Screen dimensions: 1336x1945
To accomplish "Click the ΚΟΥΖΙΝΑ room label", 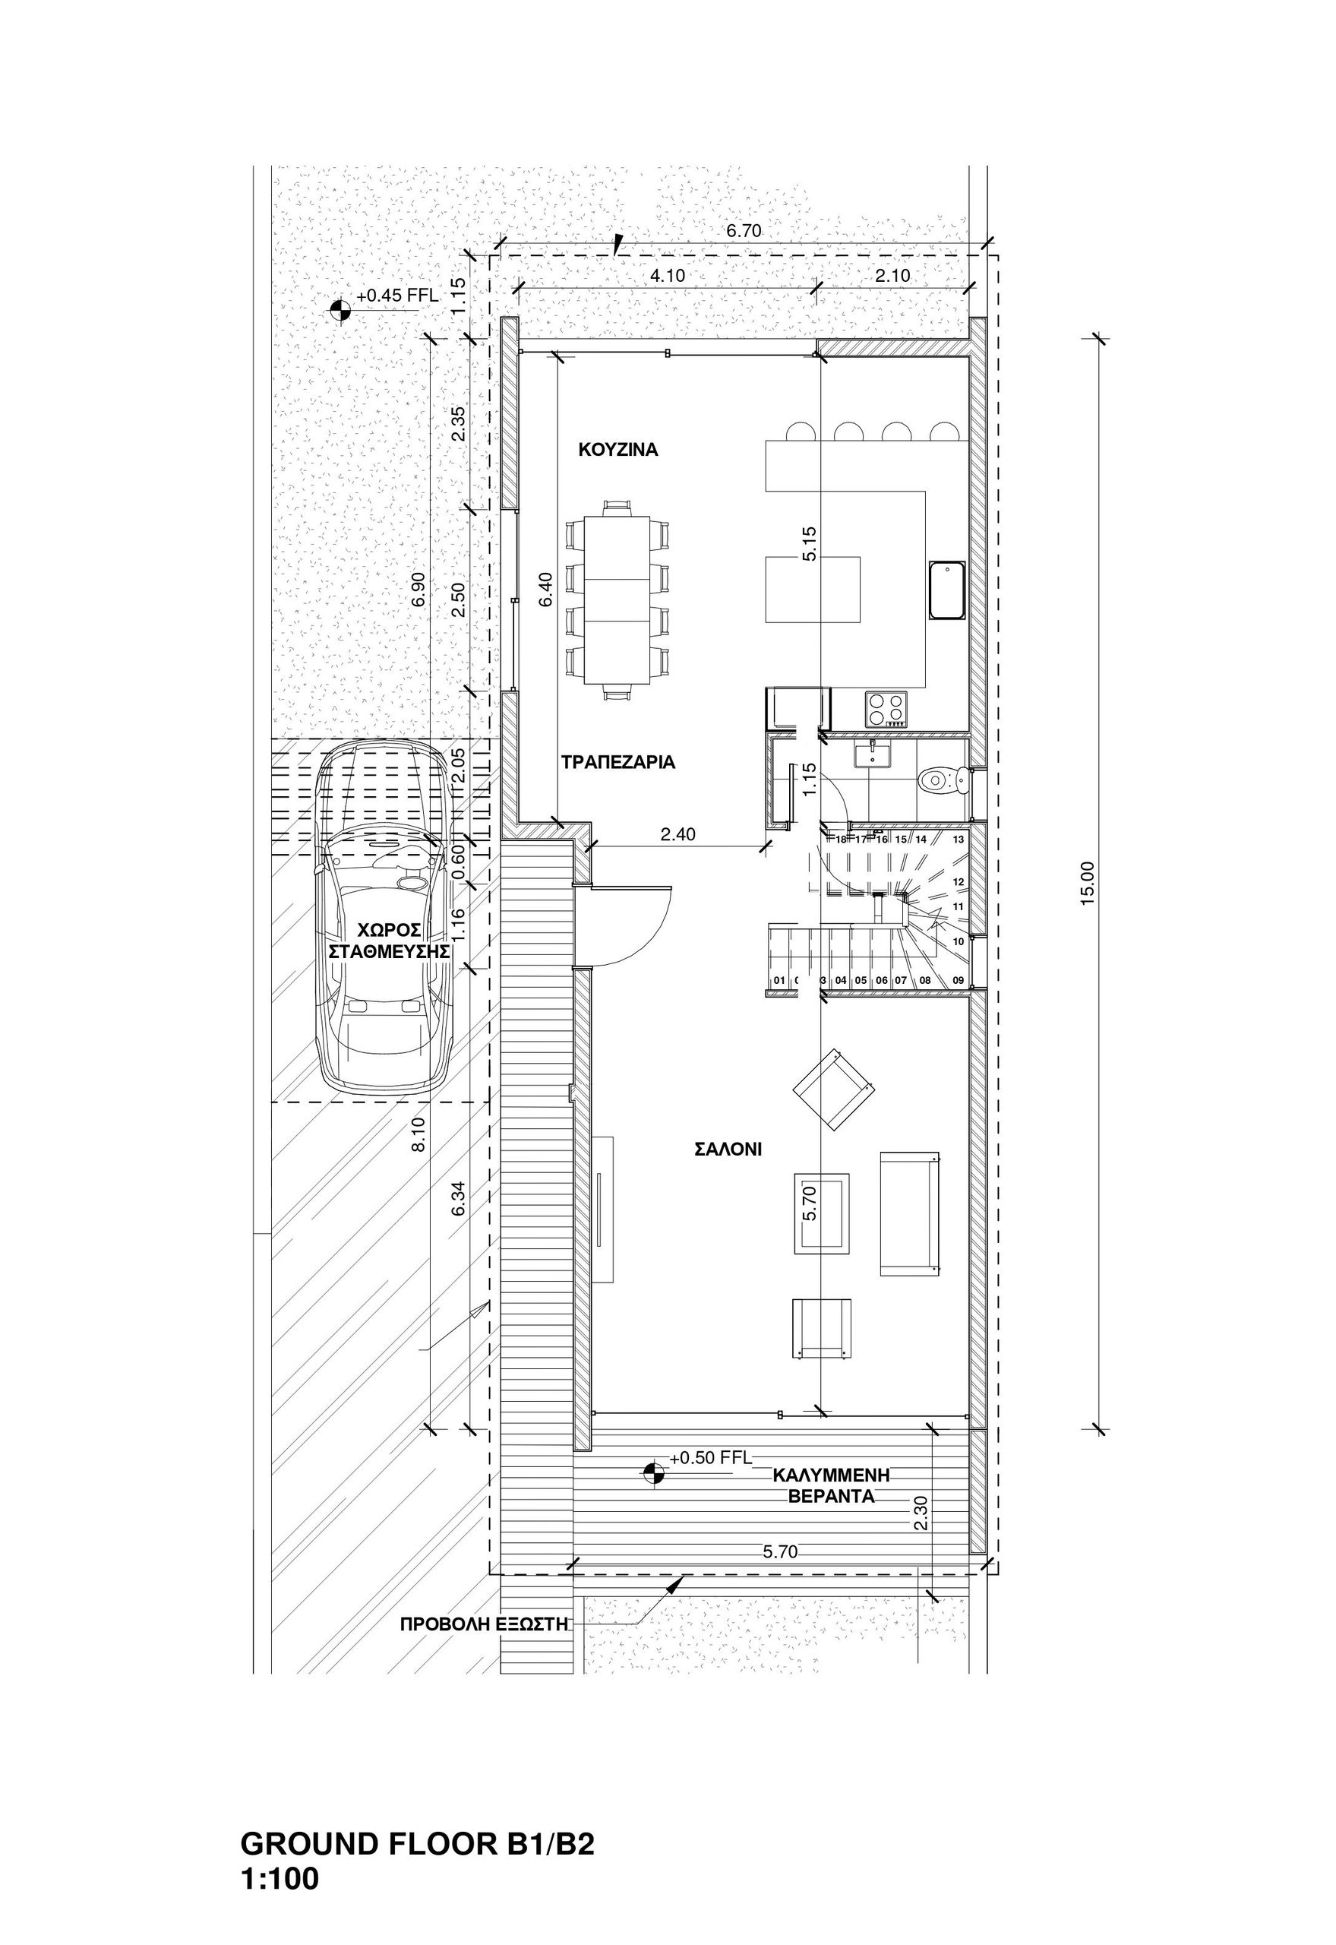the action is coord(618,450).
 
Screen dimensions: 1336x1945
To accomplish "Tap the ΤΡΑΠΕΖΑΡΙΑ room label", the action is coord(617,763).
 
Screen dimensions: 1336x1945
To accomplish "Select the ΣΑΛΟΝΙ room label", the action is coord(728,1150).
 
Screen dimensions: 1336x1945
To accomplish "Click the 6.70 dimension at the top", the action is coord(744,231).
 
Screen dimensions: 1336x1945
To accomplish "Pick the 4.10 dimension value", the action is coord(668,274).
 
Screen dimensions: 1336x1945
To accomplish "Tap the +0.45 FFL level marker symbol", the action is coord(339,310).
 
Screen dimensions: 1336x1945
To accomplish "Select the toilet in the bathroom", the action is coord(944,781).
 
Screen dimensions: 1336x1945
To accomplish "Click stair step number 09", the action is coord(959,980).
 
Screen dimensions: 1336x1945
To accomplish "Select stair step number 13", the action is coord(959,839).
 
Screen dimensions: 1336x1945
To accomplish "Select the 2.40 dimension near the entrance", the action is coord(678,835).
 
